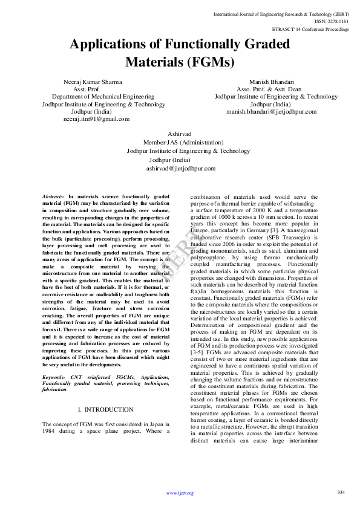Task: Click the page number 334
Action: click(341, 491)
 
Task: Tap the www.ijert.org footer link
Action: click(180, 493)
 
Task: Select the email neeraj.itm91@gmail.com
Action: click(96, 119)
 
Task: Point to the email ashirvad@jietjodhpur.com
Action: click(180, 169)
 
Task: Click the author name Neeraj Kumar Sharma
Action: click(93, 81)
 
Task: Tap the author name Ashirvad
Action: click(180, 132)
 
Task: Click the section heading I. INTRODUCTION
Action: click(106, 410)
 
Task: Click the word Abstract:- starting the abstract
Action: click(54, 197)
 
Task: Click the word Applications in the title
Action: click(113, 44)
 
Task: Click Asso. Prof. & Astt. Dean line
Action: click(275, 89)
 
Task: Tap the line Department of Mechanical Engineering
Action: click(103, 96)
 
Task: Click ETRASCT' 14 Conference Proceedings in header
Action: click(310, 28)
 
